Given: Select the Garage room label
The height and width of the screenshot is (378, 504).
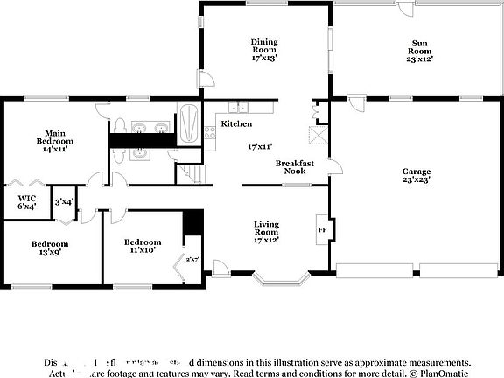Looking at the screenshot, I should [x=416, y=175].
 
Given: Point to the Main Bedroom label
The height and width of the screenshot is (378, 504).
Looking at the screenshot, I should [x=54, y=140].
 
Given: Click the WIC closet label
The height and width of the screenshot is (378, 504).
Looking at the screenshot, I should [x=27, y=202].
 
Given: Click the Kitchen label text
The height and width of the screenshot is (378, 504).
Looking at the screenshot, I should [x=236, y=124].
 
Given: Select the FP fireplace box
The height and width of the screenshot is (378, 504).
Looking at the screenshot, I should [x=321, y=230].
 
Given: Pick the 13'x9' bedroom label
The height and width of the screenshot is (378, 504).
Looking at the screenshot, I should [x=50, y=248].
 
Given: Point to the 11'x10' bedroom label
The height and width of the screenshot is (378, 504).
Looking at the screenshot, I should [x=142, y=246].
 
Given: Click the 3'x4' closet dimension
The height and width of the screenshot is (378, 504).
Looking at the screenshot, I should [x=64, y=202].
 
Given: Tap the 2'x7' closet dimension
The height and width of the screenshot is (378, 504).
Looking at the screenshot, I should [x=192, y=259].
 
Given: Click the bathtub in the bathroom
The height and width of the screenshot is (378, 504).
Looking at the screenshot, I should [x=189, y=123].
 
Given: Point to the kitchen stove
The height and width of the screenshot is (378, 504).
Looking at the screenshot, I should [x=210, y=132].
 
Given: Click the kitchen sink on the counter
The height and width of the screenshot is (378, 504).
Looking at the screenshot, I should [x=243, y=108].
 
